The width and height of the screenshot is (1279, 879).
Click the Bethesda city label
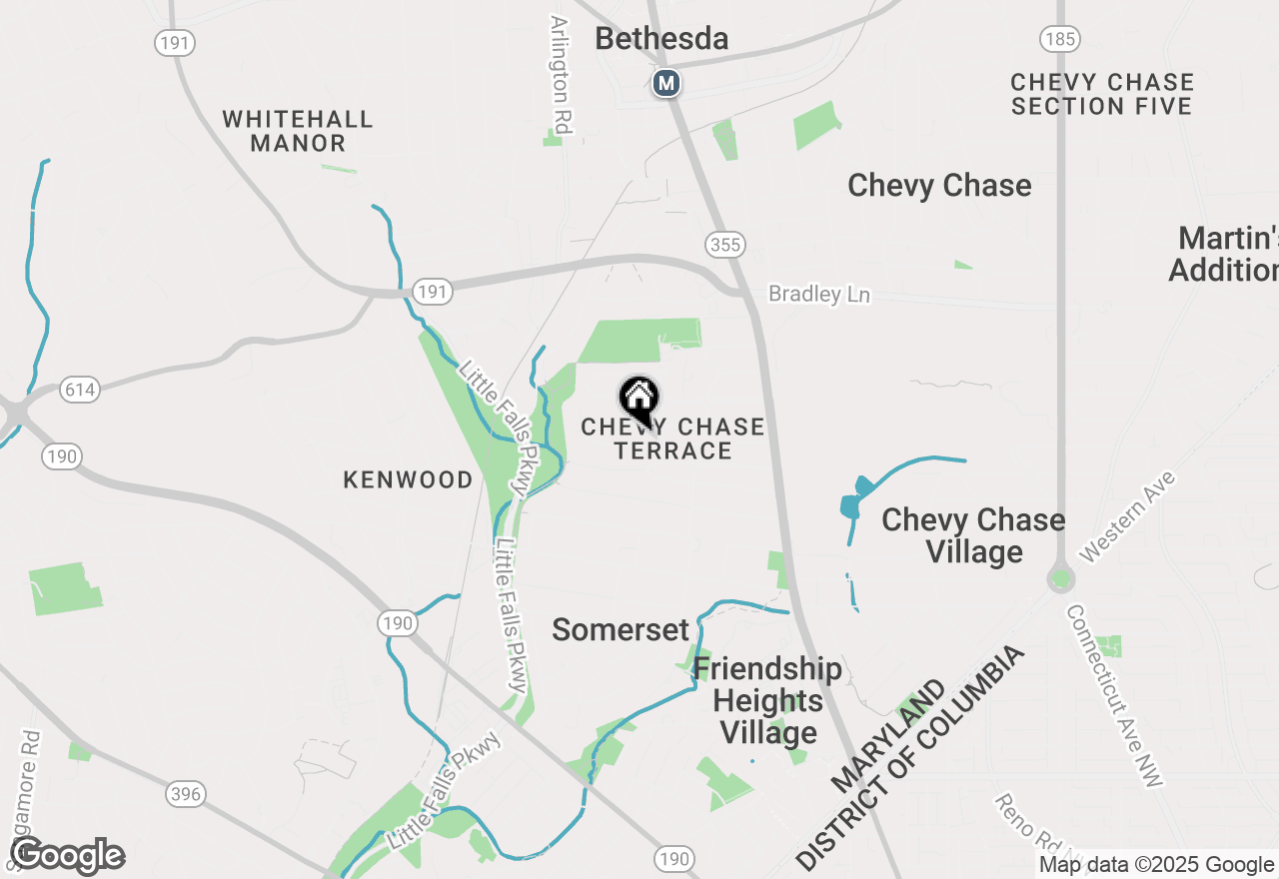click(x=661, y=39)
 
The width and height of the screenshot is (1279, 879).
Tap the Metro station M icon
click(x=666, y=83)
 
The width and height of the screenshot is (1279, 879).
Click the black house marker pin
click(x=639, y=400)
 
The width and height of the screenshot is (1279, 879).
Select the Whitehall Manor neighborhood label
click(x=298, y=131)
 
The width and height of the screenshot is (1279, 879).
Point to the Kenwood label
click(x=408, y=480)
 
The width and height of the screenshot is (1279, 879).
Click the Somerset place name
click(x=621, y=630)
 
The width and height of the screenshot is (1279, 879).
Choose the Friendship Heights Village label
click(x=767, y=700)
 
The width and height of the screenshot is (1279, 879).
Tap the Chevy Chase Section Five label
click(x=1102, y=94)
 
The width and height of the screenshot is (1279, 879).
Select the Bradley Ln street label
click(x=819, y=295)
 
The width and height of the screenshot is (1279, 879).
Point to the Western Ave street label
click(x=1128, y=515)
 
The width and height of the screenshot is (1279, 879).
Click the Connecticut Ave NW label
click(x=1114, y=696)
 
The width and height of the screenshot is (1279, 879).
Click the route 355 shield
click(x=724, y=244)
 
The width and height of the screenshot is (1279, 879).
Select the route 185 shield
click(x=1059, y=39)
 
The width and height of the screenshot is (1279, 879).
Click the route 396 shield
click(x=186, y=795)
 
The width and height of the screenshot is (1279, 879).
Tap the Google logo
click(x=68, y=856)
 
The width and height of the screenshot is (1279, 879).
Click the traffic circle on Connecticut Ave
click(x=1061, y=578)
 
